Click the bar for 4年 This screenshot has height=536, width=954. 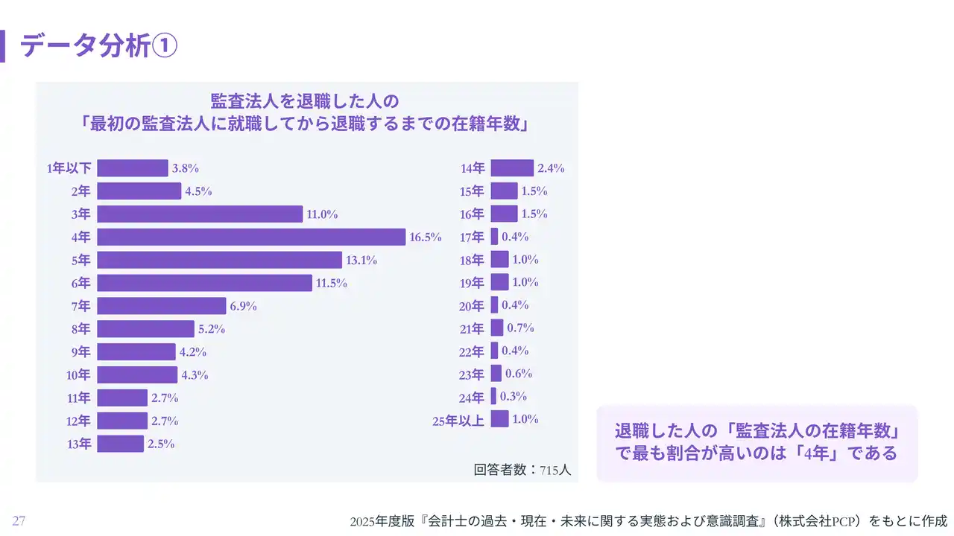[x=251, y=237]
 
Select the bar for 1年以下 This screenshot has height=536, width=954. [x=133, y=168]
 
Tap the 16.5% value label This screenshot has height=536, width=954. [x=426, y=237]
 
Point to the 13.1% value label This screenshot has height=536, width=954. [x=361, y=261]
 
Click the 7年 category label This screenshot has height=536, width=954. [x=80, y=306]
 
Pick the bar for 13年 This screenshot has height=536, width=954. [x=120, y=444]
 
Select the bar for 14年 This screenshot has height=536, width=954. [x=512, y=168]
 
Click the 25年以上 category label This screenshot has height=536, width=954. [x=458, y=421]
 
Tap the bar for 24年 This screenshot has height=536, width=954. [x=493, y=396]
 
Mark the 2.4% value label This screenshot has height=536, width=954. [x=551, y=168]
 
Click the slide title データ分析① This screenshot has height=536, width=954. [x=98, y=46]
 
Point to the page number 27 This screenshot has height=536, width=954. [x=19, y=521]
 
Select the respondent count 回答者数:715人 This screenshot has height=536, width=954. [x=522, y=470]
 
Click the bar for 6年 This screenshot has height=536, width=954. [x=204, y=283]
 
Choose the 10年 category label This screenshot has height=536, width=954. [x=78, y=375]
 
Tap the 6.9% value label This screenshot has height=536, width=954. [x=243, y=306]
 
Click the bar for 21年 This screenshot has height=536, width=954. [x=497, y=328]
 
